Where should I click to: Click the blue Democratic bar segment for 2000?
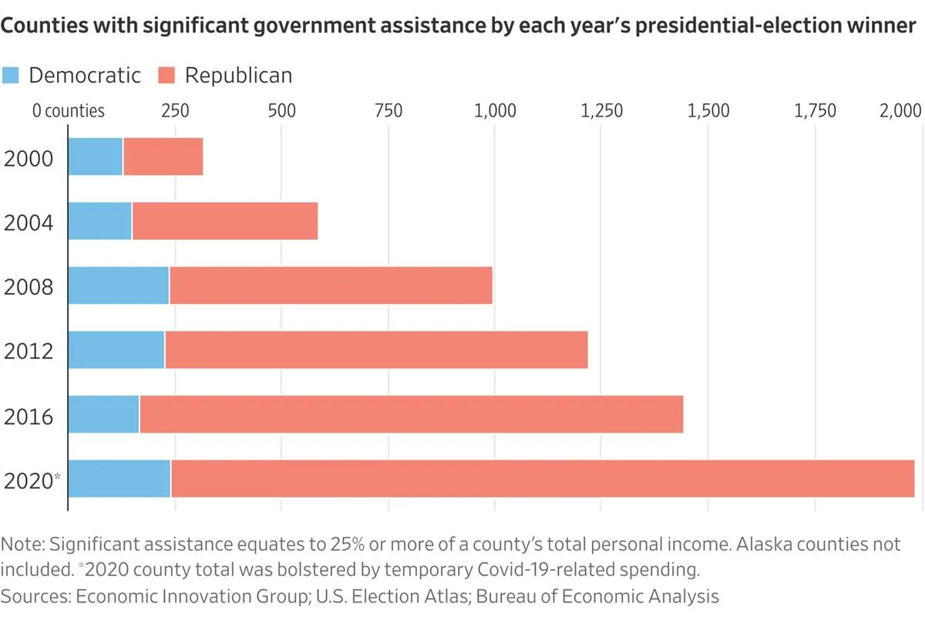pyautogui.click(x=96, y=157)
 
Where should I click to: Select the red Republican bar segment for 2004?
pyautogui.click(x=225, y=221)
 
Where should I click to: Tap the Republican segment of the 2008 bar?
pyautogui.click(x=331, y=285)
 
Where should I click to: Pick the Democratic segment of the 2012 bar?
pyautogui.click(x=116, y=349)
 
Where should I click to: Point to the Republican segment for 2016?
pyautogui.click(x=412, y=414)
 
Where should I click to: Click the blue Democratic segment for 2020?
pyautogui.click(x=119, y=478)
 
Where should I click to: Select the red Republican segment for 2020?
pyautogui.click(x=543, y=478)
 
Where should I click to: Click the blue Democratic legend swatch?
pyautogui.click(x=10, y=76)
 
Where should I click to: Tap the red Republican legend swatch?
pyautogui.click(x=166, y=76)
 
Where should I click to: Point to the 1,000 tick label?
pyautogui.click(x=495, y=111)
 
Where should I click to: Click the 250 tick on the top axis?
pyautogui.click(x=175, y=111)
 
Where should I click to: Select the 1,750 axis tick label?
pyautogui.click(x=816, y=111)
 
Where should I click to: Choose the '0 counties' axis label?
pyautogui.click(x=69, y=111)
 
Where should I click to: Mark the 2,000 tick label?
pyautogui.click(x=900, y=111)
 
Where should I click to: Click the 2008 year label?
pyautogui.click(x=29, y=286)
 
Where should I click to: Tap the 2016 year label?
pyautogui.click(x=29, y=416)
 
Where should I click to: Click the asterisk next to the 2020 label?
pyautogui.click(x=57, y=477)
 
